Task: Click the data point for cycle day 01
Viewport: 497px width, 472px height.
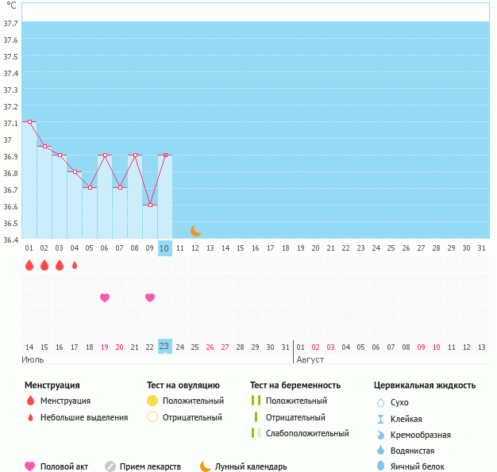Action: pos(29,122)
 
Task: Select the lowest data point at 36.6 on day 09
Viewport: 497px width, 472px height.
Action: pos(150,205)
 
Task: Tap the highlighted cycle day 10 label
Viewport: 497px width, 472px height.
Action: pos(164,248)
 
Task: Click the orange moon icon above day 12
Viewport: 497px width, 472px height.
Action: pos(195,230)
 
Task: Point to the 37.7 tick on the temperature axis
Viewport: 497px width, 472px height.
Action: pos(11,24)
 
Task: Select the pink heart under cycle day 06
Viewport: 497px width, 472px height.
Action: pos(104,297)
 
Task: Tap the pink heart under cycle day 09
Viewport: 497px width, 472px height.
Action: pos(150,297)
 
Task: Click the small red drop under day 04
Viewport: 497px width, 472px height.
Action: pos(75,266)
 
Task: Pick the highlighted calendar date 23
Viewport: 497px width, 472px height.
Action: pos(164,346)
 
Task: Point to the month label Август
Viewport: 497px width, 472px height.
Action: pos(310,360)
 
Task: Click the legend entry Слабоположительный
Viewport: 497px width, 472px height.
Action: pos(307,433)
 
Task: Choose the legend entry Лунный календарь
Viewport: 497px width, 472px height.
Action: pos(252,466)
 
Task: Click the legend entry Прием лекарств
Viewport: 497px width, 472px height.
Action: pos(150,466)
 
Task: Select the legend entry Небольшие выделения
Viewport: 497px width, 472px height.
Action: pos(83,417)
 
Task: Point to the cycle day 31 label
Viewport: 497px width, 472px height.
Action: pos(481,248)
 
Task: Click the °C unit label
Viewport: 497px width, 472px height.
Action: pos(11,6)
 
